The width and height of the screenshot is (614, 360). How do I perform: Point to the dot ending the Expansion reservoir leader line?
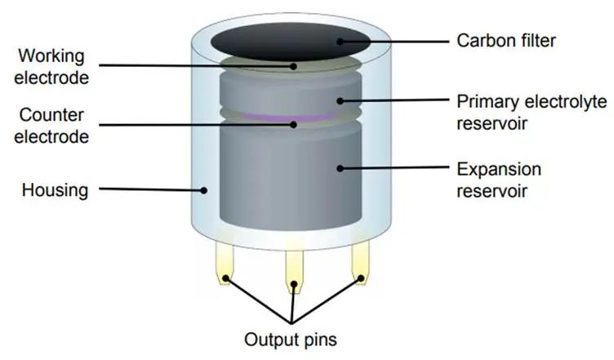339,168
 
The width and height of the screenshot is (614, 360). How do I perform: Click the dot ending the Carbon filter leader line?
340,38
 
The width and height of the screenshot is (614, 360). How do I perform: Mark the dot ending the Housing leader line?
204,191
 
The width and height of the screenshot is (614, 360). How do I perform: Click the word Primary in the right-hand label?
487,102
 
